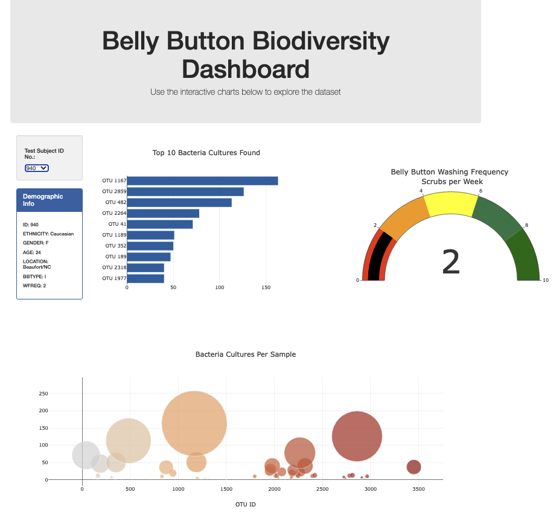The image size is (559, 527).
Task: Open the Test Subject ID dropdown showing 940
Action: point(37,168)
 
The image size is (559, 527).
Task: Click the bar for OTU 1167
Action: point(202,181)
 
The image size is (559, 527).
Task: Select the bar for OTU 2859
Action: point(185,192)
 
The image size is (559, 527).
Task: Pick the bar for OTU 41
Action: point(160,225)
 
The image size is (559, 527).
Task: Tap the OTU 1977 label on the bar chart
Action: point(114,278)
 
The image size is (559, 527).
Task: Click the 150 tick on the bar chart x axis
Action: point(266,288)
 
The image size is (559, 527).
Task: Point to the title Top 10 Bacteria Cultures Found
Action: point(206,153)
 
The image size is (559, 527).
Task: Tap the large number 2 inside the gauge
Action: point(451,263)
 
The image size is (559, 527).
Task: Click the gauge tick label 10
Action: point(546,280)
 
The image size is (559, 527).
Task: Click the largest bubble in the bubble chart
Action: point(194,423)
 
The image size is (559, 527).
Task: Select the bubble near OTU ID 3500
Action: point(414,467)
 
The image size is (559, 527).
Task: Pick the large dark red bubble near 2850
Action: point(357,436)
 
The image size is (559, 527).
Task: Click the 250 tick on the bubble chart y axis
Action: point(43,394)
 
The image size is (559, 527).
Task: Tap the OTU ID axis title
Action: point(246,504)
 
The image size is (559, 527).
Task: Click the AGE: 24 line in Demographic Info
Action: point(32,252)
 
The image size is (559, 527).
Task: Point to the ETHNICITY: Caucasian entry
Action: point(48,234)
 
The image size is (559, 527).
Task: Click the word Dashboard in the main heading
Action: point(246,69)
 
